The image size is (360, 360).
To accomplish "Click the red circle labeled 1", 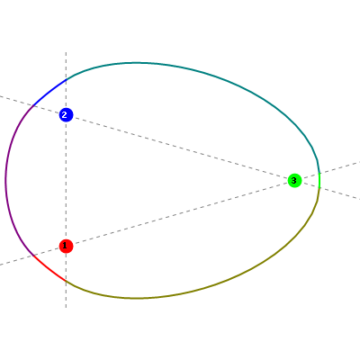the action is (66, 247).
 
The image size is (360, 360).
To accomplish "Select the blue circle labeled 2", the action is (66, 115).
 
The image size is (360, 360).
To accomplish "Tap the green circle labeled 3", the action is (294, 181).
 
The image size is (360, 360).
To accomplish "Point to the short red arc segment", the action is (49, 269).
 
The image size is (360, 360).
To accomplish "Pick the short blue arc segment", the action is (49, 93).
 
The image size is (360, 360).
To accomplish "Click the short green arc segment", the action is (319, 181).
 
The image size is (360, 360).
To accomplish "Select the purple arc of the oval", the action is (6, 181).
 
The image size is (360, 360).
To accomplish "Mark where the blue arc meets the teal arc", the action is (66, 80).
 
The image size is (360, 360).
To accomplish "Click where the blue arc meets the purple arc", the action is (32, 106).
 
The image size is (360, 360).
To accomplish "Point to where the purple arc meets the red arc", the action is (32, 256).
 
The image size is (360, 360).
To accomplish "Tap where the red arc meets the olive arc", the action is (66, 281).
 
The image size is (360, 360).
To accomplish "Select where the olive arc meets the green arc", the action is (319, 188).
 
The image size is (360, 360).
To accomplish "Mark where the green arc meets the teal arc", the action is (319, 174).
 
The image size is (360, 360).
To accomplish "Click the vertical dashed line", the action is (66, 180).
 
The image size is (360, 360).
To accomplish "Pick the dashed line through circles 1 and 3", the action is (180, 213).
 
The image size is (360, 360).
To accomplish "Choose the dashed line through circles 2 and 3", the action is (180, 148).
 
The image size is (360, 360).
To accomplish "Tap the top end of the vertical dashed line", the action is (66, 52).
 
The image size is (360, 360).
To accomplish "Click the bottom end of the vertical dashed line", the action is (66, 308).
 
